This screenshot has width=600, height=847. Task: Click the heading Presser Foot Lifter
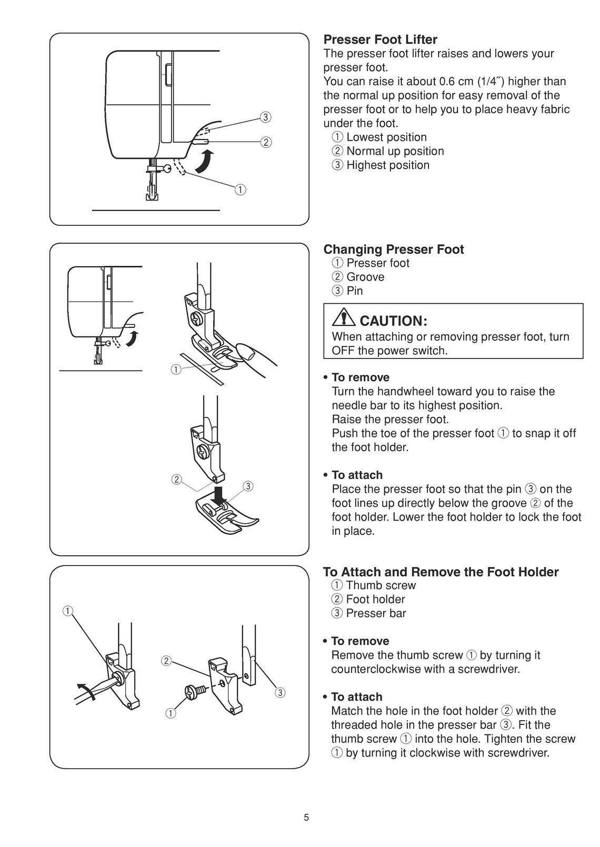point(380,39)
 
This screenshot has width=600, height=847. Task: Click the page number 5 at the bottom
point(306,818)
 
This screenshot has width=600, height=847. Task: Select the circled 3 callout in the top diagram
point(266,117)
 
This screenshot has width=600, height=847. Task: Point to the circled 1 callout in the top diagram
point(240,190)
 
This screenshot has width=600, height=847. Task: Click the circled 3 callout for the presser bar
point(280,692)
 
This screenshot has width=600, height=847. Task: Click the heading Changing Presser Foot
point(393,249)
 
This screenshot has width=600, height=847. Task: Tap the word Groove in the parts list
point(365,277)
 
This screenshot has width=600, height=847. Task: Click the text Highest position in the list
point(388,165)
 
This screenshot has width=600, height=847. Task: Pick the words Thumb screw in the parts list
point(381,585)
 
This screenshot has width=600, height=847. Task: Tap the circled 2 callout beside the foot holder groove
point(176,479)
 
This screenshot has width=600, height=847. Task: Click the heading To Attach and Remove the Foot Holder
point(441,572)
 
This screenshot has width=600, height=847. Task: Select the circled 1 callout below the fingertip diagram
point(175,369)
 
